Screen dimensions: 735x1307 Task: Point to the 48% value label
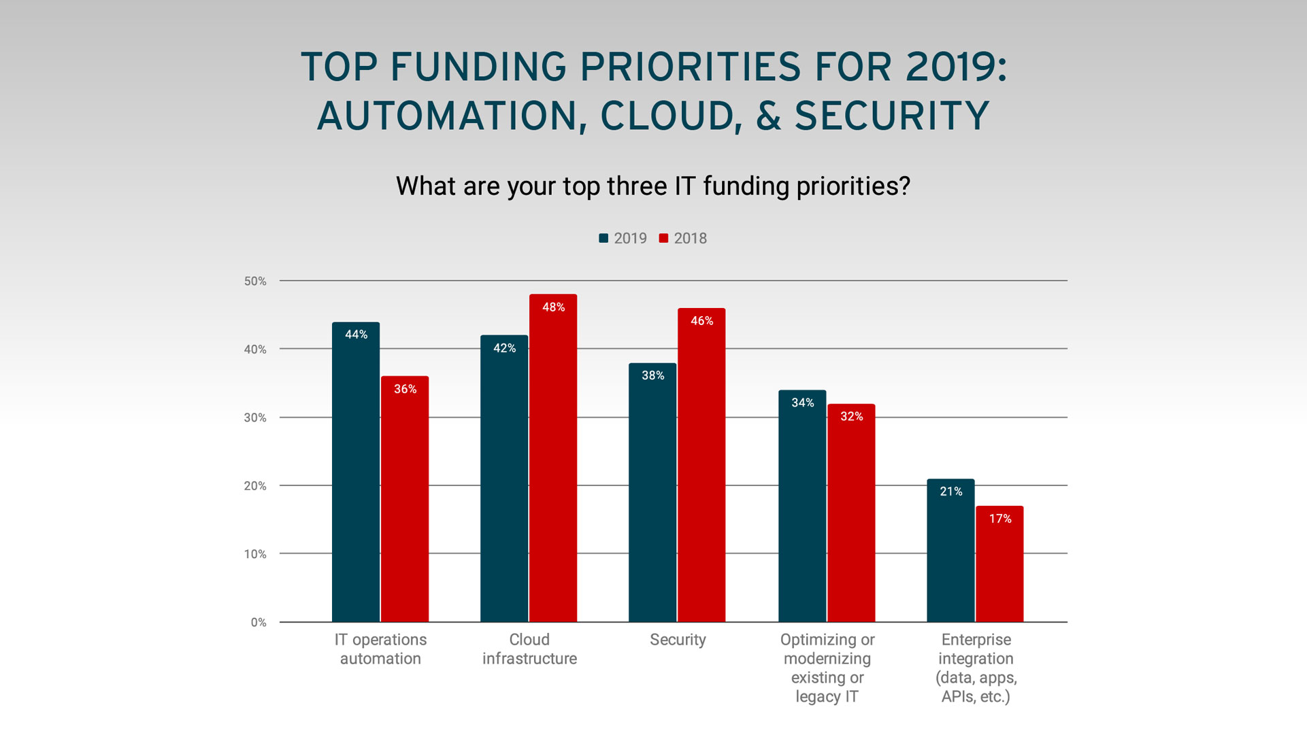[x=553, y=307]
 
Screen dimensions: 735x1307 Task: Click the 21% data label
[x=950, y=492]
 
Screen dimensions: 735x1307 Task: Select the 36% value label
[x=405, y=389]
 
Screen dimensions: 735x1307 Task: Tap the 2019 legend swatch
[x=603, y=238]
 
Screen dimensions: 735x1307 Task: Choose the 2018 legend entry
[x=683, y=239]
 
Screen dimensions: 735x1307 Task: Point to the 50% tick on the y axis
[x=255, y=281]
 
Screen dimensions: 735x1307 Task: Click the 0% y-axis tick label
[x=259, y=622]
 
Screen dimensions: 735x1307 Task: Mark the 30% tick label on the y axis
[x=255, y=417]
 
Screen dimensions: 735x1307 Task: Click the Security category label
[x=678, y=640]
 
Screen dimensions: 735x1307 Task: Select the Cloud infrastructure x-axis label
[x=529, y=649]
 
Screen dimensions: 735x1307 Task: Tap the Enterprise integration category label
[x=976, y=668]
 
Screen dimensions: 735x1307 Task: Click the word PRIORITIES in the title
[x=690, y=67]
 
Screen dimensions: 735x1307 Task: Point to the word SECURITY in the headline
[x=892, y=116]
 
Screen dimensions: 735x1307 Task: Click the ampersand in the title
[x=769, y=116]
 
